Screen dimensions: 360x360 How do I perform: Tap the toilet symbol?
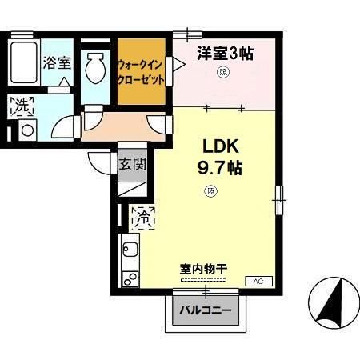click(96, 68)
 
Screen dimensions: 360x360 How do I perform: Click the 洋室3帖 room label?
click(225, 54)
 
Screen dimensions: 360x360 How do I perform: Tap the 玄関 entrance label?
click(133, 166)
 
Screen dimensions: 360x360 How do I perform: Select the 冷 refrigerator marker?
click(144, 215)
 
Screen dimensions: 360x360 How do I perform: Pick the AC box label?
click(258, 282)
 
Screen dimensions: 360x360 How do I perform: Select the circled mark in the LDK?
click(210, 190)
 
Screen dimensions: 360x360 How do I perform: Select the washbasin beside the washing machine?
click(26, 129)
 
